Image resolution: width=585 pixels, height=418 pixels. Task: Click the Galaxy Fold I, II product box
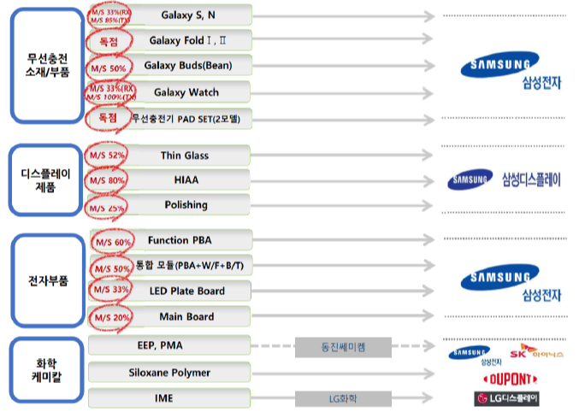[187, 40]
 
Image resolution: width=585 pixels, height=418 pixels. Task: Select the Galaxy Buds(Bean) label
[187, 66]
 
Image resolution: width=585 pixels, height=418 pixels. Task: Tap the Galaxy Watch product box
[187, 91]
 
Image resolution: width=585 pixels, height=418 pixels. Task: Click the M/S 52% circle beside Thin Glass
[108, 156]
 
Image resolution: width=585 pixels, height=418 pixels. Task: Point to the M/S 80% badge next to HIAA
[108, 180]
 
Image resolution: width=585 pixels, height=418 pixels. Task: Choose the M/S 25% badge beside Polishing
[108, 206]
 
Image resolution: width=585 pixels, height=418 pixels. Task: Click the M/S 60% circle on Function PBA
[111, 241]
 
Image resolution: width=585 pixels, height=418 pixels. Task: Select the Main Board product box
[187, 316]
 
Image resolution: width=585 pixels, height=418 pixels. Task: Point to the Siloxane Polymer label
[170, 373]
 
